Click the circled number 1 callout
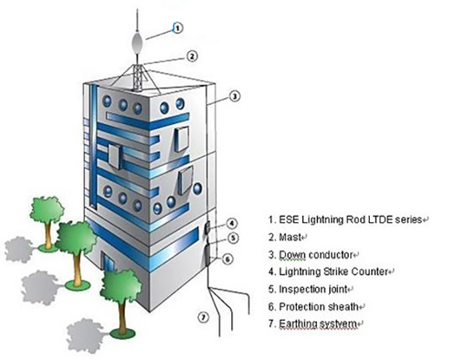point(177,28)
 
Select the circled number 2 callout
point(191,56)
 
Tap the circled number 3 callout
point(234,96)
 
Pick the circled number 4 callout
point(231,223)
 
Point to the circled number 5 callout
point(232,237)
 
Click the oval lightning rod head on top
point(136,45)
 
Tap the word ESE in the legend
point(287,219)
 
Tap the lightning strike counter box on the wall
point(207,228)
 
